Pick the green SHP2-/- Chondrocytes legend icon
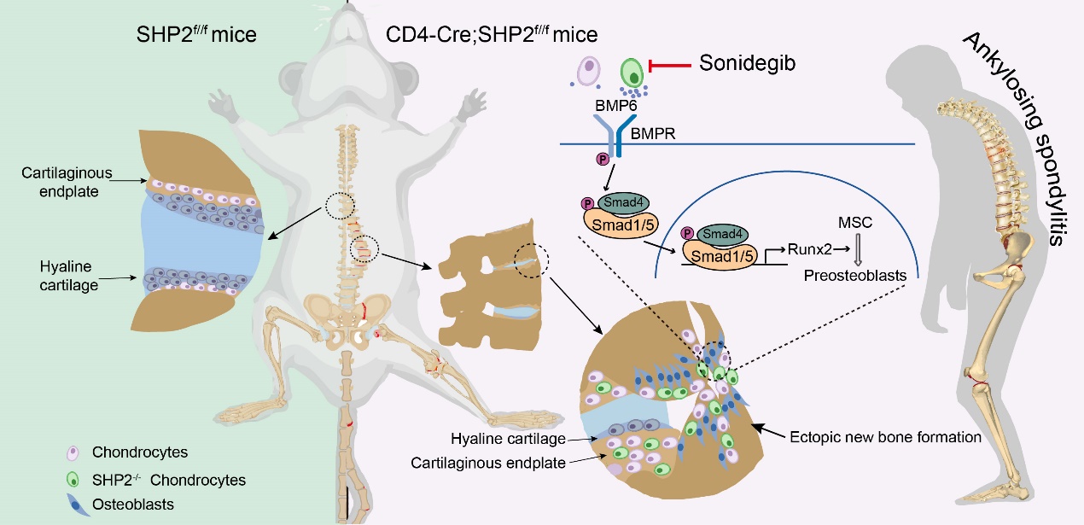pyautogui.click(x=74, y=480)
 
